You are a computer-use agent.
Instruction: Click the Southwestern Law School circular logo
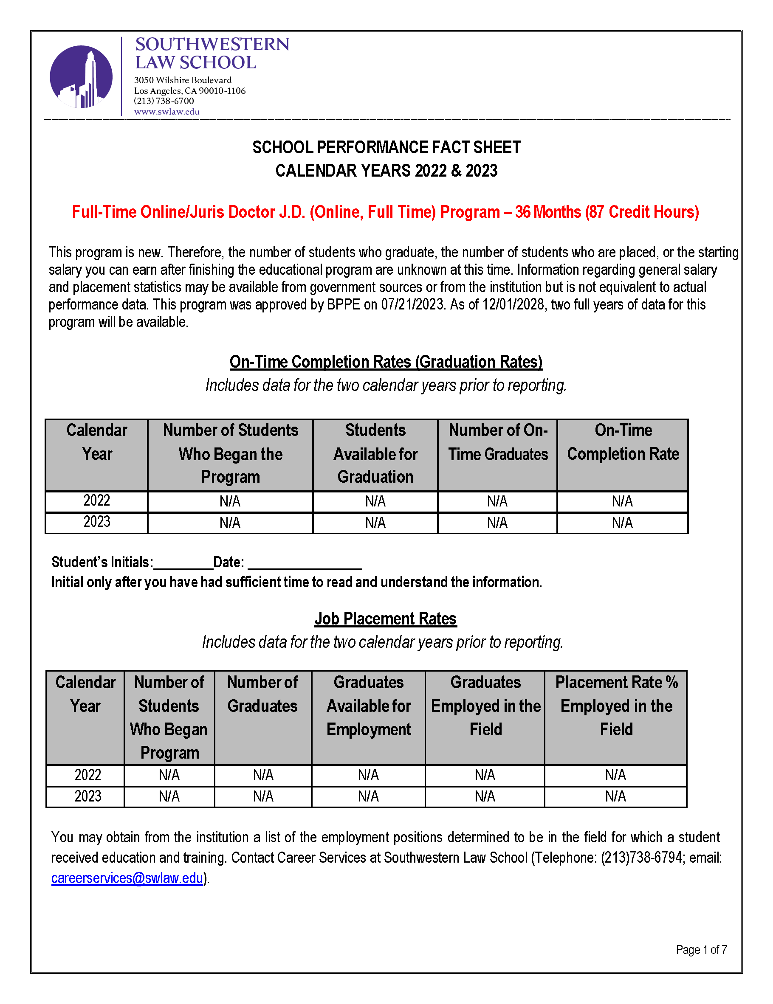point(81,77)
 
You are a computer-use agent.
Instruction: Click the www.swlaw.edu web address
point(166,112)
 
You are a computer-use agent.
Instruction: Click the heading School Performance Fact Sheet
point(386,148)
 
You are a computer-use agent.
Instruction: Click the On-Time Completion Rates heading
point(386,362)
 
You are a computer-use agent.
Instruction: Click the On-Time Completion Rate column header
point(623,442)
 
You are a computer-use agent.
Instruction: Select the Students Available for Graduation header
point(375,454)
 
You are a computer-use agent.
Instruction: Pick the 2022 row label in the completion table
point(96,501)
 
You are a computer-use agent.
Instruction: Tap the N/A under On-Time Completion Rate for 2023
point(622,523)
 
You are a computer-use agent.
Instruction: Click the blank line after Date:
point(305,564)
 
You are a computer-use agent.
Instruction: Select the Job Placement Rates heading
point(385,619)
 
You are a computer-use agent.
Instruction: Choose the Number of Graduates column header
point(262,694)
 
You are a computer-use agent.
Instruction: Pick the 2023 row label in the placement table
point(87,796)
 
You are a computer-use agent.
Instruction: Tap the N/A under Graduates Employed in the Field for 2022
point(485,776)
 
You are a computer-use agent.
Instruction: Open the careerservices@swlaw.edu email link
point(127,878)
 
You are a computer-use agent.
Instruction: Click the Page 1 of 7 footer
point(701,950)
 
